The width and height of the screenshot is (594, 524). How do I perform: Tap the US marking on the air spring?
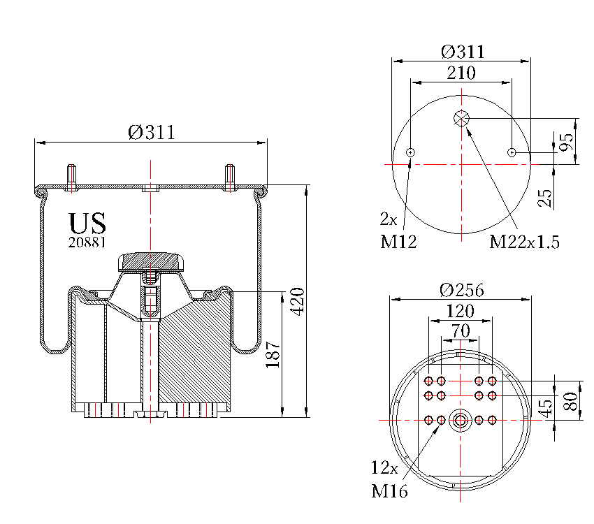coord(87,224)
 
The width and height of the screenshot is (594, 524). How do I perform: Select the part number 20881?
coord(87,242)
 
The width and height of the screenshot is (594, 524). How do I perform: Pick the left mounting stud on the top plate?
coord(71,177)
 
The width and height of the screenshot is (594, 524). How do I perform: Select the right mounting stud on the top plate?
coord(230,177)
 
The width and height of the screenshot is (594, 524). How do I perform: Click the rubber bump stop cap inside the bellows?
coord(152,262)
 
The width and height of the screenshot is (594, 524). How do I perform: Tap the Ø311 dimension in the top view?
coord(462,52)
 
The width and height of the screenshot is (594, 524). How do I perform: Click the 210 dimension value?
coord(461,73)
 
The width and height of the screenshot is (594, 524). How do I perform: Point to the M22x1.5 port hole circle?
coord(461,119)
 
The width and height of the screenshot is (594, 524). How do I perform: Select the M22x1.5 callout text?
coord(524,242)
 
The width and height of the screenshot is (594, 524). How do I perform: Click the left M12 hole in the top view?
coord(410,152)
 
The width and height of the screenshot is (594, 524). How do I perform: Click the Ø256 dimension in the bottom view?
coord(462,290)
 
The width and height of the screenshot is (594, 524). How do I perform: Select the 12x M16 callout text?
coord(389,479)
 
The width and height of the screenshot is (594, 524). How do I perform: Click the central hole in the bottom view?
coord(461,420)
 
